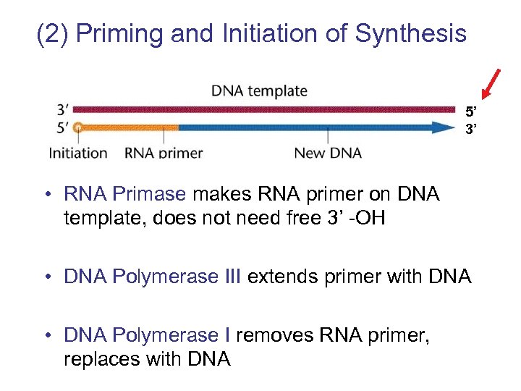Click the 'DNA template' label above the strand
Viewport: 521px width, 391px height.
click(x=259, y=91)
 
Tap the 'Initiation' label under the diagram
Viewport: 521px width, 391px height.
click(x=78, y=153)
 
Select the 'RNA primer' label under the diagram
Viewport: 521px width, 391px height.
click(x=164, y=153)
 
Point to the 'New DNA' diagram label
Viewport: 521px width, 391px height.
click(x=328, y=153)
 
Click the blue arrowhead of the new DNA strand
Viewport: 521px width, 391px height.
click(x=441, y=127)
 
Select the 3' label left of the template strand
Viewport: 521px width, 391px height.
click(x=63, y=110)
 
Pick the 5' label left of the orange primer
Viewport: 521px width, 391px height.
click(x=63, y=127)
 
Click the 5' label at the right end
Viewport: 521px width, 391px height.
click(x=472, y=112)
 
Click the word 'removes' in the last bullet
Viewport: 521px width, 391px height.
click(x=269, y=335)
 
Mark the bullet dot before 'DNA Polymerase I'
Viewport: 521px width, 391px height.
click(x=46, y=336)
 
